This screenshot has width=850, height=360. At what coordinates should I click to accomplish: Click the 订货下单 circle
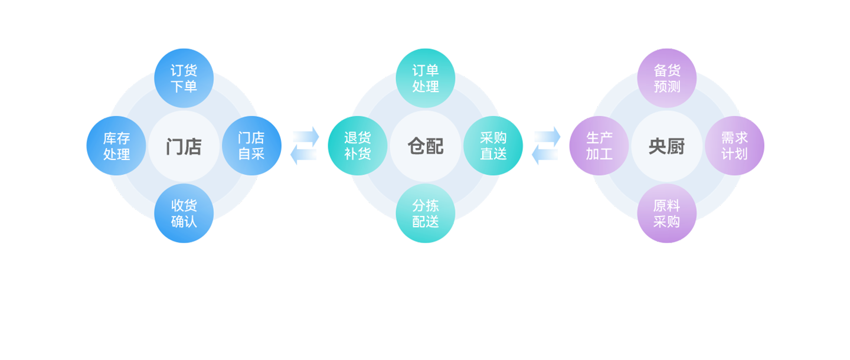click(184, 78)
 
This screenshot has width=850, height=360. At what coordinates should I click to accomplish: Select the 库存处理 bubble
click(116, 146)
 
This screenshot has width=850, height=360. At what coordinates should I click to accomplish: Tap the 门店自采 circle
click(251, 146)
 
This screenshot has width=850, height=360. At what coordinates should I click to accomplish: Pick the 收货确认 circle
click(184, 214)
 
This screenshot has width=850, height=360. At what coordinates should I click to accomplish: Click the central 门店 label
click(184, 146)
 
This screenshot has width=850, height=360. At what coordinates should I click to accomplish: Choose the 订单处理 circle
click(425, 78)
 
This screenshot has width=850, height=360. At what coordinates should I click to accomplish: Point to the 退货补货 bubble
click(357, 146)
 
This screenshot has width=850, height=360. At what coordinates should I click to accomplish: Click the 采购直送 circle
click(493, 146)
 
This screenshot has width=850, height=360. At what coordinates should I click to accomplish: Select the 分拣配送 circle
click(425, 214)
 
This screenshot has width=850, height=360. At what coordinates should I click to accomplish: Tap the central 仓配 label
click(425, 146)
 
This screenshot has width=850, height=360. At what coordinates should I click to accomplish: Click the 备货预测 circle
click(666, 78)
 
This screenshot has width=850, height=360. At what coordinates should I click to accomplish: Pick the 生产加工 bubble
click(599, 146)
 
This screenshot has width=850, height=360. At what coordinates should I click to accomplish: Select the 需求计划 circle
click(734, 146)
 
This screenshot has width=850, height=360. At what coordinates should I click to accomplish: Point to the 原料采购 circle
click(666, 214)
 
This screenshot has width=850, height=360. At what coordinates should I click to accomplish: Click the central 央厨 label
click(666, 146)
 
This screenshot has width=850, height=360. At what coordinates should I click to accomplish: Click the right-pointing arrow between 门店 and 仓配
click(306, 136)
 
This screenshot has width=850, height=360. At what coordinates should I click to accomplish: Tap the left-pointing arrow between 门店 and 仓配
click(304, 155)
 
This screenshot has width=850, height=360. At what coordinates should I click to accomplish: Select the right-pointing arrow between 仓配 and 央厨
click(548, 136)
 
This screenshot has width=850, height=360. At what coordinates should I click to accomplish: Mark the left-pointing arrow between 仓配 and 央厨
click(545, 155)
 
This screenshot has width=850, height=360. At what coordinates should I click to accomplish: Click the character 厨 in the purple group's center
click(676, 146)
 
